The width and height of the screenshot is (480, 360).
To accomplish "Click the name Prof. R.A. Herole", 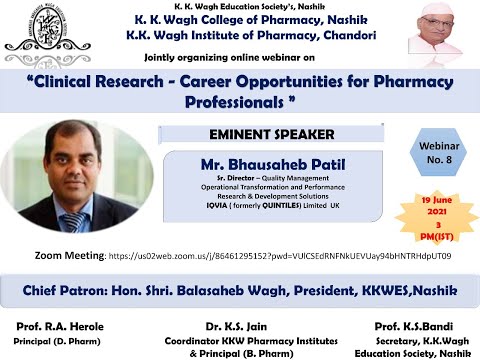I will (58, 326).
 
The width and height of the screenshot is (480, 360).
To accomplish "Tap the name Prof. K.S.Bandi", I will (411, 326).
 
